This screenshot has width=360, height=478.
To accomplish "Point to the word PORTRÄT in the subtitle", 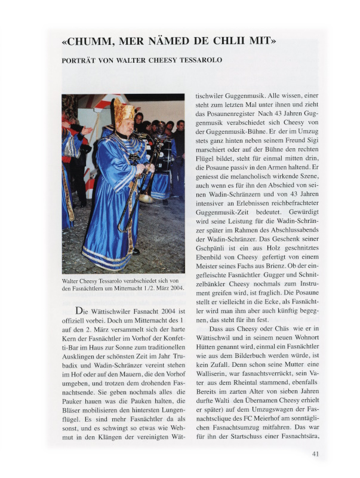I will tap(81, 60).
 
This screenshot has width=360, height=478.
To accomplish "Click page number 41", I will tap(317, 454).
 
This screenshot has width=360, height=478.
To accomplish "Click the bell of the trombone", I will tap(146, 197).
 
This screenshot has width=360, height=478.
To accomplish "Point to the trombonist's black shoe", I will tap(136, 251).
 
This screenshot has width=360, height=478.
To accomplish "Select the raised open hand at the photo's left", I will tap(87, 130).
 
